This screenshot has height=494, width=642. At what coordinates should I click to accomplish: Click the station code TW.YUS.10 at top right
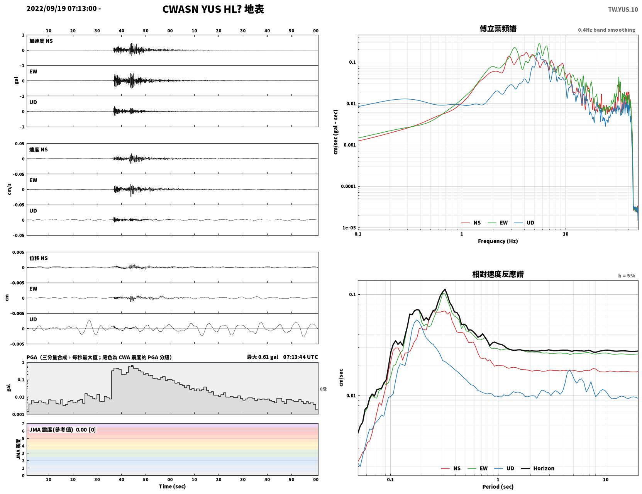tap(623, 9)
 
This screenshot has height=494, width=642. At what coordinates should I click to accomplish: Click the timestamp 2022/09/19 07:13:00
tap(62, 8)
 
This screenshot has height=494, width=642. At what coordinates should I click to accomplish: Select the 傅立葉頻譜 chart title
tap(498, 29)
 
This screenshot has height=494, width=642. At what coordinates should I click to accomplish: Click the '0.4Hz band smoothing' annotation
tap(606, 30)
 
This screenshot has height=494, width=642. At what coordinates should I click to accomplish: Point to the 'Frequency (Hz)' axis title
tap(498, 241)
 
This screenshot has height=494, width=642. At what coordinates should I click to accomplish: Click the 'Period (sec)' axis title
tap(498, 486)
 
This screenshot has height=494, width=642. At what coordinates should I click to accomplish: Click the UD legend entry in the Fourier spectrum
tap(524, 223)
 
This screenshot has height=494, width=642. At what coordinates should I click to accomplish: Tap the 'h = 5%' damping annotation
tap(626, 276)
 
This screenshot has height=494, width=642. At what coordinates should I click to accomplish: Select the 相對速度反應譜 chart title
tap(498, 274)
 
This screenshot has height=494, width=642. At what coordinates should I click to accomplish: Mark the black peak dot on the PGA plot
tap(132, 366)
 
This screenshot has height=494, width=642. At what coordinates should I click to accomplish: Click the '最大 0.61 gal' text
tap(263, 357)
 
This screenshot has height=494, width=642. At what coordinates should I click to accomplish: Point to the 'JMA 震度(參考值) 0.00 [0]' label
tap(62, 429)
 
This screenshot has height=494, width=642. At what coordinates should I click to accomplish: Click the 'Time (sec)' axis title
tap(172, 486)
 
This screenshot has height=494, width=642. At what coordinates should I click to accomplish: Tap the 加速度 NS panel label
tap(41, 41)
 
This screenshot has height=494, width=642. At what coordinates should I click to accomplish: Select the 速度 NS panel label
tap(38, 149)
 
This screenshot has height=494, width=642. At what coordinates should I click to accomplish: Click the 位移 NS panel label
tap(38, 258)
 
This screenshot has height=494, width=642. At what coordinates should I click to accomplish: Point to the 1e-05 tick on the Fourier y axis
tap(349, 227)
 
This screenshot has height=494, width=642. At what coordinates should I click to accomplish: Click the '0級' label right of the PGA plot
tap(323, 389)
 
